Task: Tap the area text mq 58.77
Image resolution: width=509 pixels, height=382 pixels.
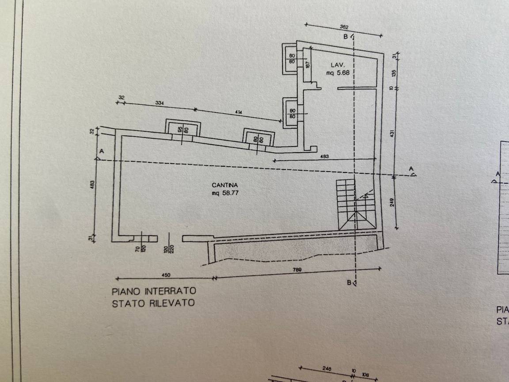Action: (224, 193)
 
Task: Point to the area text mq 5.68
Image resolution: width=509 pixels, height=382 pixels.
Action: (338, 73)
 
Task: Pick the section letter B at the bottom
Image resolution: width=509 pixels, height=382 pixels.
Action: (349, 282)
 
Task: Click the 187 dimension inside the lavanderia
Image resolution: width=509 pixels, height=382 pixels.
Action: (308, 65)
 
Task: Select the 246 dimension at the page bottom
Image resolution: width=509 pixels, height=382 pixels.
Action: (327, 368)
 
